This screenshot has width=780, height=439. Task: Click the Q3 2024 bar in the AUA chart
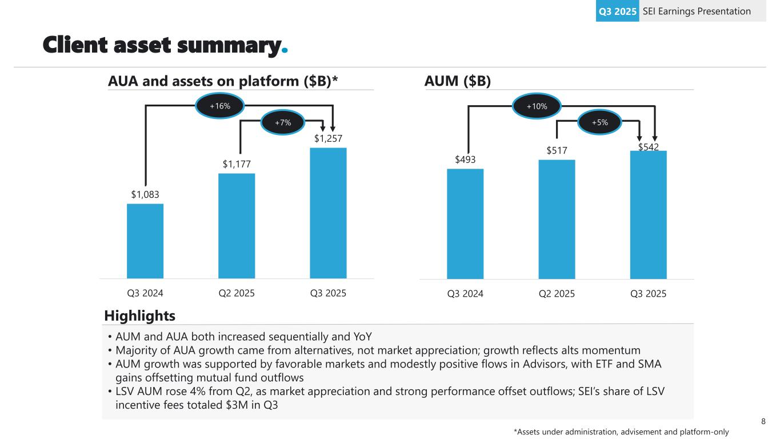[145, 241]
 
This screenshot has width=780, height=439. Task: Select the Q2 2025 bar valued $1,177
[237, 226]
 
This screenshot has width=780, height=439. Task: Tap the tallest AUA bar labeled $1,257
[328, 213]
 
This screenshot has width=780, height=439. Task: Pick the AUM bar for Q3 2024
[465, 224]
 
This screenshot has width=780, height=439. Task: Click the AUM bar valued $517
[557, 219]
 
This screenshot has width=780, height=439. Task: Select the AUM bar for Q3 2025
[648, 214]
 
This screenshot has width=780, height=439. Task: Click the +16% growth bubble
[220, 106]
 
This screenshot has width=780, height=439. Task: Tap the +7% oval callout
[283, 122]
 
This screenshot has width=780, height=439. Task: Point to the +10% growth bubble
[537, 106]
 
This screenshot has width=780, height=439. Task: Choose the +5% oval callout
[599, 122]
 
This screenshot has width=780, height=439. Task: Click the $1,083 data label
[145, 195]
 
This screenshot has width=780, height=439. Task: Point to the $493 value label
[466, 159]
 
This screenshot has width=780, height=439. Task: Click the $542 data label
[649, 147]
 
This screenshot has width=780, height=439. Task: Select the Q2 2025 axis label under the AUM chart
[557, 294]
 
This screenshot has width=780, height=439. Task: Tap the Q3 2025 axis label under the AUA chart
[328, 294]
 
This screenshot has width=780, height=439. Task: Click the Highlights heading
[140, 316]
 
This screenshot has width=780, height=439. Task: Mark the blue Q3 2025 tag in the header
[617, 11]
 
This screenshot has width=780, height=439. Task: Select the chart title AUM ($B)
[458, 81]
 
